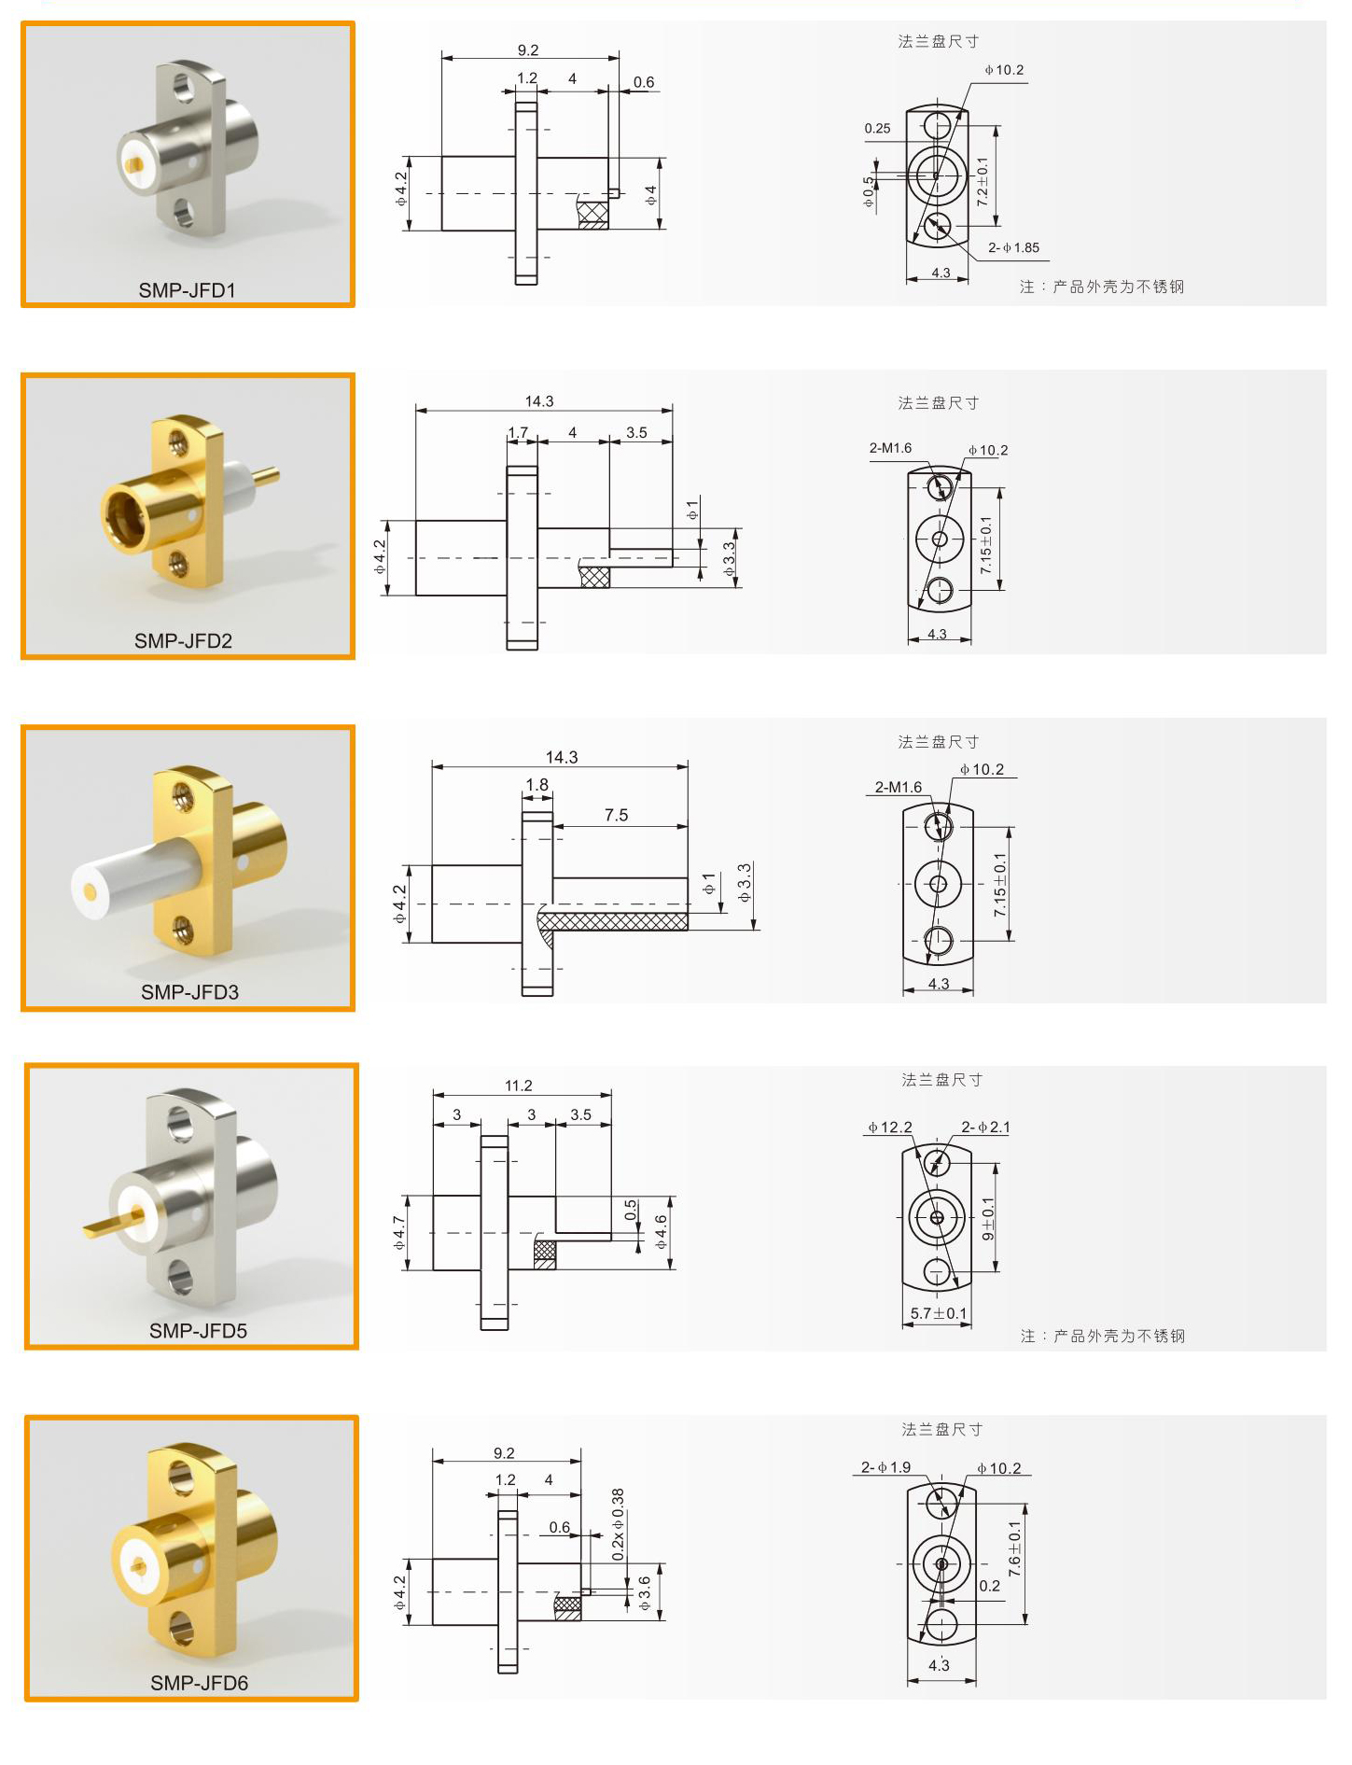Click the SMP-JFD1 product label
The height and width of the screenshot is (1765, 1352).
188,290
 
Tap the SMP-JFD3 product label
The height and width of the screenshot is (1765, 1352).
189,992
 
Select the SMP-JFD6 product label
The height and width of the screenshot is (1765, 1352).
199,1683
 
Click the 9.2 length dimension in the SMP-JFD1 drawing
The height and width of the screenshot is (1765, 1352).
528,50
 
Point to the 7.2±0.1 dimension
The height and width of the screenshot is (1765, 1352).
982,181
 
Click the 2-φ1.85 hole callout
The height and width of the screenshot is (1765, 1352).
1013,247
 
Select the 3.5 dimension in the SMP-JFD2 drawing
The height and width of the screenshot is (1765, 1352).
636,432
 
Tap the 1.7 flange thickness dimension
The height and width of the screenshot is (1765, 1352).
518,432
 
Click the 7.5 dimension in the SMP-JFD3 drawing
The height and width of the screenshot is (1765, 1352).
616,815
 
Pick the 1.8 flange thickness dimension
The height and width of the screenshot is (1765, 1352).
537,785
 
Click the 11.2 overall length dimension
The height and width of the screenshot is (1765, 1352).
519,1086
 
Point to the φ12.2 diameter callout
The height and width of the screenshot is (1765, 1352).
890,1127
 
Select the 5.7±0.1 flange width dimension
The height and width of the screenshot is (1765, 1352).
939,1313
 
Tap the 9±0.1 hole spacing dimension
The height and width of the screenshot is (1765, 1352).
988,1218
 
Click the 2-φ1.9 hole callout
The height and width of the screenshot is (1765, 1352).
885,1467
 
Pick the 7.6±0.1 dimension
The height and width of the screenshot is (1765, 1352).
1014,1549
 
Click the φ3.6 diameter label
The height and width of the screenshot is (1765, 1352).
645,1593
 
